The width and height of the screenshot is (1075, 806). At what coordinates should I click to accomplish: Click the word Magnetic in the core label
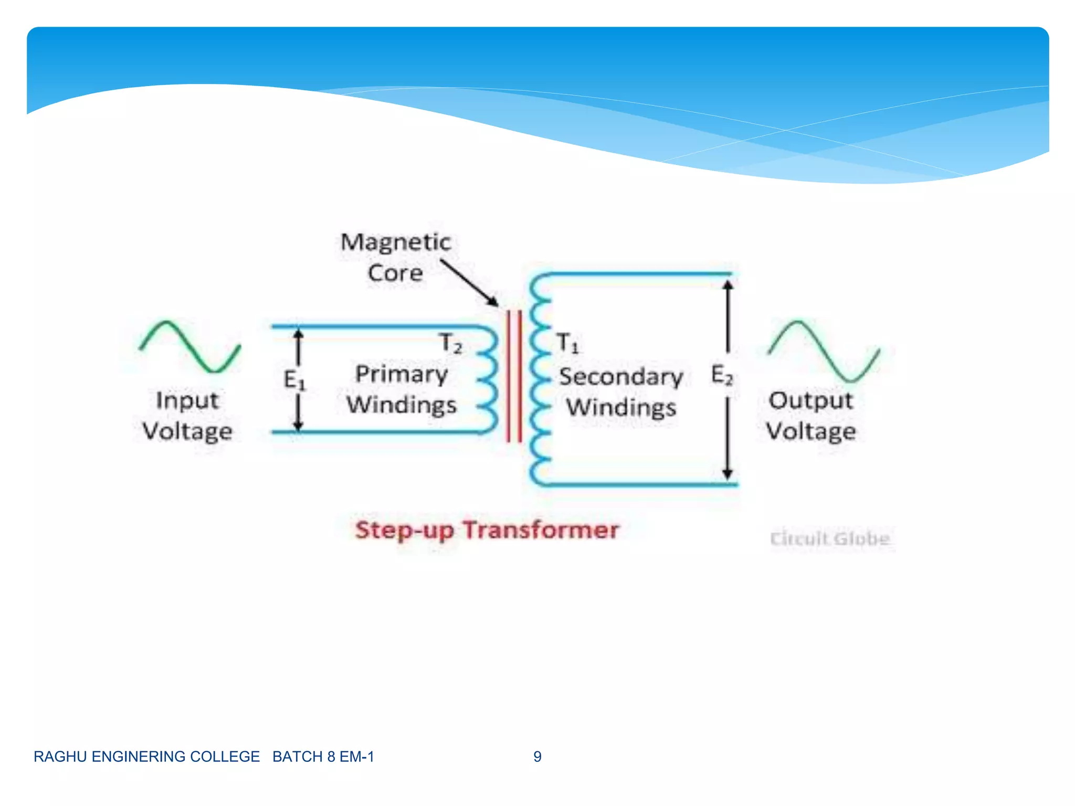(x=395, y=242)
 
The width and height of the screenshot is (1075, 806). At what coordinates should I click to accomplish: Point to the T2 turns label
(x=451, y=343)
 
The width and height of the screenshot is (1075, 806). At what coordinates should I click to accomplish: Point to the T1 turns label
(x=567, y=343)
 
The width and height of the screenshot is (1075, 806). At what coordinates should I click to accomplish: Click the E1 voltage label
(x=294, y=379)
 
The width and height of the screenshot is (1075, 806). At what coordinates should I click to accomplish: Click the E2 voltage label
(x=722, y=375)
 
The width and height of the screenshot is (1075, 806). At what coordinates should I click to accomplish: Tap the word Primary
(x=402, y=374)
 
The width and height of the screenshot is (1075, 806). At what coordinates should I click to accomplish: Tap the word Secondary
(x=620, y=377)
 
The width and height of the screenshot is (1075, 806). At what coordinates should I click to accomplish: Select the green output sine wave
(x=824, y=351)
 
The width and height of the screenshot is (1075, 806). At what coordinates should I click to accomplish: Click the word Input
(x=187, y=401)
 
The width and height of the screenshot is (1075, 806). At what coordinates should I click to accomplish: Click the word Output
(x=810, y=401)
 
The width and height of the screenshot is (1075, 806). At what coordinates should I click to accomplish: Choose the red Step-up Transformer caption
(x=487, y=530)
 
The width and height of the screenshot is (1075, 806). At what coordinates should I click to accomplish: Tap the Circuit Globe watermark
(x=829, y=539)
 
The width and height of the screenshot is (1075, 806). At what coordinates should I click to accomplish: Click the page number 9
(x=537, y=757)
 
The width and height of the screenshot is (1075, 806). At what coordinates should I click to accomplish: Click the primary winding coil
(x=488, y=380)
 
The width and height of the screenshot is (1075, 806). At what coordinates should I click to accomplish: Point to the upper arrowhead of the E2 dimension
(x=728, y=285)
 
